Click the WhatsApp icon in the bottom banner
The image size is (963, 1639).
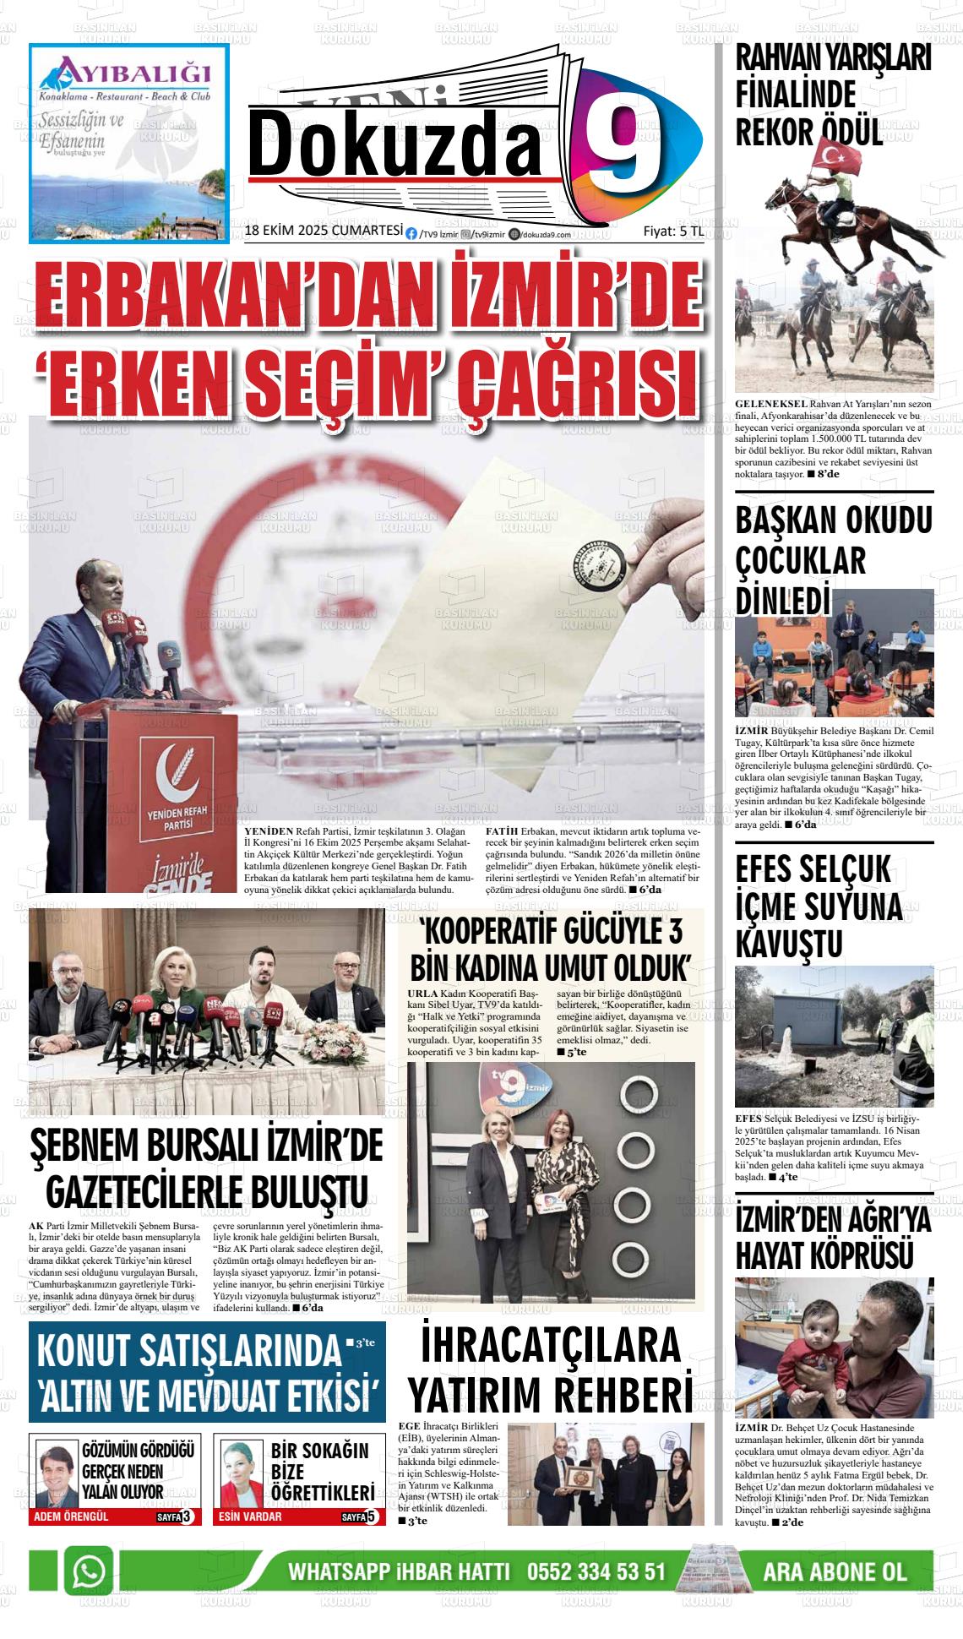(90, 1571)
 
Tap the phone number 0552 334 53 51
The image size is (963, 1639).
(596, 1572)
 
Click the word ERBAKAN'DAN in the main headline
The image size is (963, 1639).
(220, 300)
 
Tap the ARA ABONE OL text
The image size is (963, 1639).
(834, 1572)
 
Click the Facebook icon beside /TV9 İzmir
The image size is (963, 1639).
(411, 235)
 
